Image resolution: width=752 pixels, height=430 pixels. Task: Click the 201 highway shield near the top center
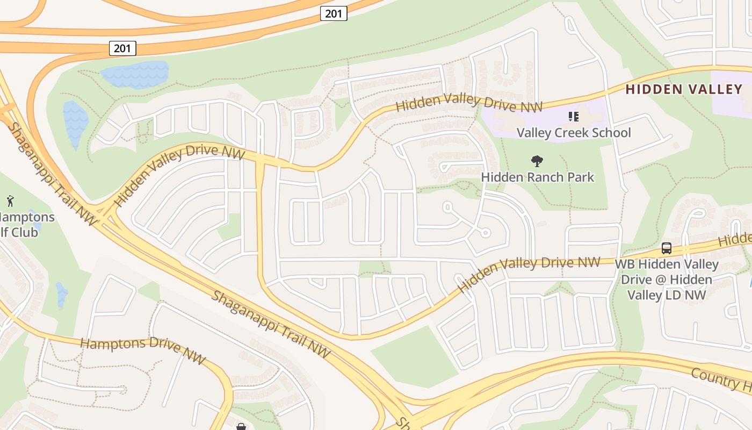pyautogui.click(x=334, y=13)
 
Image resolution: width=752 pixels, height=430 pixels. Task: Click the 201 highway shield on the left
pyautogui.click(x=122, y=48)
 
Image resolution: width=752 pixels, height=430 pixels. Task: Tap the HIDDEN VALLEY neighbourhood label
pyautogui.click(x=684, y=90)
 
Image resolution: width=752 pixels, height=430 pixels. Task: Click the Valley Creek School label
pyautogui.click(x=574, y=133)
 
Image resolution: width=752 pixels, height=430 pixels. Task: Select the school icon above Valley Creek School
pyautogui.click(x=573, y=117)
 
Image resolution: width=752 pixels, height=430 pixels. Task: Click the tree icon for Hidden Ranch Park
pyautogui.click(x=537, y=161)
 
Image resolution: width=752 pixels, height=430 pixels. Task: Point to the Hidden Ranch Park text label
pyautogui.click(x=537, y=177)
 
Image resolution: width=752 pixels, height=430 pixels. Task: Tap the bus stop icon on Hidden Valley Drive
pyautogui.click(x=667, y=248)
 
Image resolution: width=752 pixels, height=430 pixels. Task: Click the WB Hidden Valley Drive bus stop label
pyautogui.click(x=667, y=279)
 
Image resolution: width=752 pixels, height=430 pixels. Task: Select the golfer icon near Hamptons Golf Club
pyautogui.click(x=10, y=202)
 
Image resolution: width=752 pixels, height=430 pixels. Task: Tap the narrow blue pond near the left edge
pyautogui.click(x=75, y=124)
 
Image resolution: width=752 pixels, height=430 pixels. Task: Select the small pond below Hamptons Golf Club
pyautogui.click(x=61, y=295)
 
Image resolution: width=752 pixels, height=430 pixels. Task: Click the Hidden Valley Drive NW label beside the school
pyautogui.click(x=468, y=103)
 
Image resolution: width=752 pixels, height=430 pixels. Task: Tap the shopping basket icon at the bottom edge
pyautogui.click(x=241, y=426)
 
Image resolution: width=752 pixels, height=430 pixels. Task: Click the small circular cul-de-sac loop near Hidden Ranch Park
pyautogui.click(x=485, y=232)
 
